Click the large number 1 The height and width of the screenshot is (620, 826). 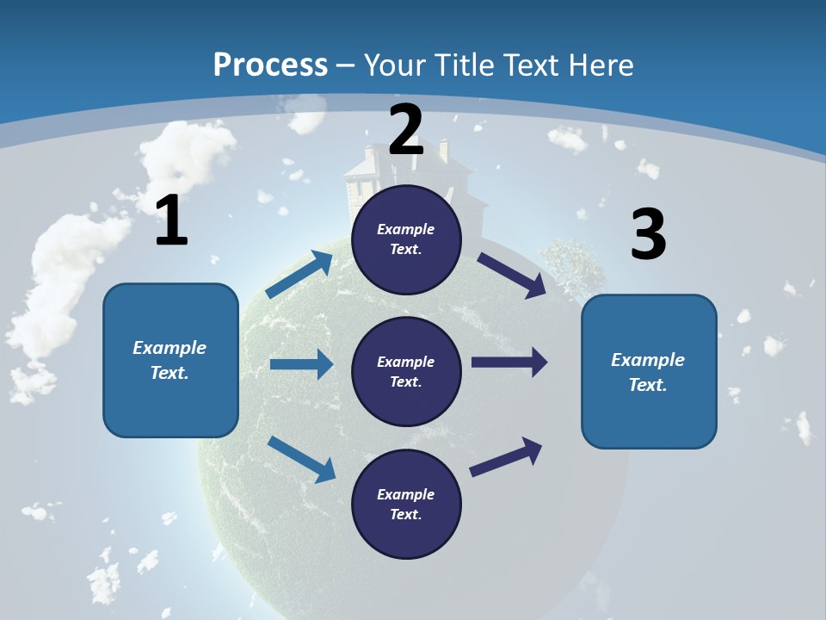pyautogui.click(x=171, y=221)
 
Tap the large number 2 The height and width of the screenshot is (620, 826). pyautogui.click(x=406, y=130)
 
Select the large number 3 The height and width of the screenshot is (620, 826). pyautogui.click(x=648, y=234)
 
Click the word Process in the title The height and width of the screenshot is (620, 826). pyautogui.click(x=270, y=65)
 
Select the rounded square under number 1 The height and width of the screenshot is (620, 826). pyautogui.click(x=170, y=360)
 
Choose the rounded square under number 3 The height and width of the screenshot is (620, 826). pyautogui.click(x=649, y=371)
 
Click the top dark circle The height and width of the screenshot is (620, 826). pyautogui.click(x=406, y=239)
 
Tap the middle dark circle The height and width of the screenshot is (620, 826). pyautogui.click(x=406, y=371)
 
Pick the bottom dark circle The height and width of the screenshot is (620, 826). pyautogui.click(x=406, y=504)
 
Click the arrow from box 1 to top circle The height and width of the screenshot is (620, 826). pyautogui.click(x=299, y=275)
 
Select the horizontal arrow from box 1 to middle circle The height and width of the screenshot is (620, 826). pyautogui.click(x=301, y=364)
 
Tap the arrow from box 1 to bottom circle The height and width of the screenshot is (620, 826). pyautogui.click(x=301, y=458)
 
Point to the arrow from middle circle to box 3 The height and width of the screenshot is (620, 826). pyautogui.click(x=509, y=363)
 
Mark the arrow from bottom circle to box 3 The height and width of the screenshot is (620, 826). pyautogui.click(x=506, y=456)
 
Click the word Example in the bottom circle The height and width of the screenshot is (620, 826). pyautogui.click(x=406, y=494)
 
